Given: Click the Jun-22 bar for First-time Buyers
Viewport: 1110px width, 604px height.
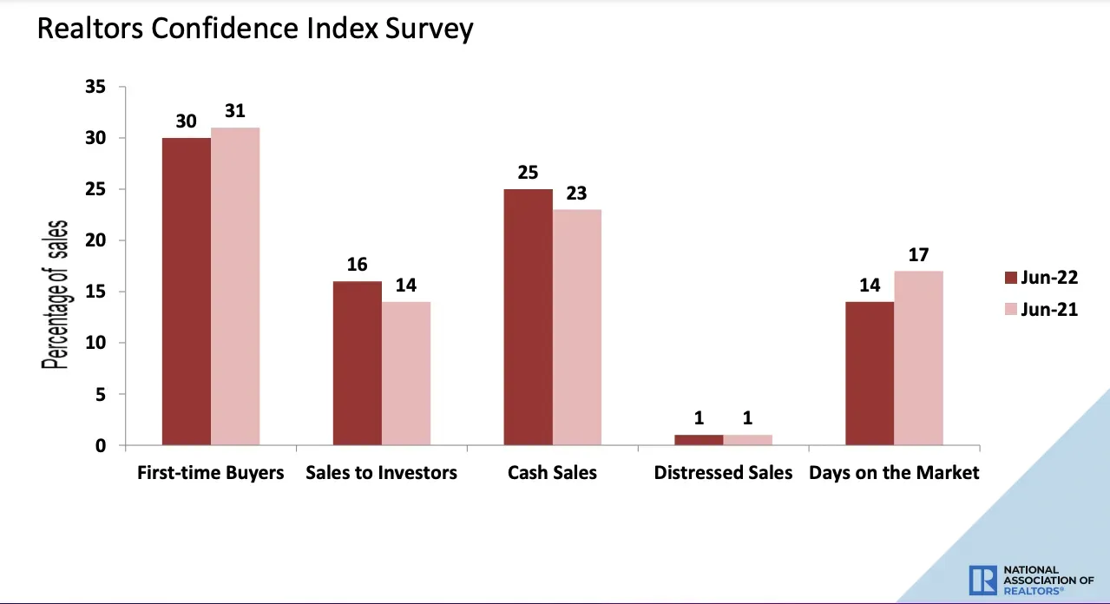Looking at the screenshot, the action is click(x=187, y=292).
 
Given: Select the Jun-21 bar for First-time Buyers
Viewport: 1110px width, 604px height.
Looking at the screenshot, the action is click(x=235, y=286).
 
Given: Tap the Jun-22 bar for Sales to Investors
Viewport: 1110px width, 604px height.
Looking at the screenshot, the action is click(x=358, y=364).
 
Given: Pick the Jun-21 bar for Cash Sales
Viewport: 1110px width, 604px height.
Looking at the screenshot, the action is click(x=577, y=327).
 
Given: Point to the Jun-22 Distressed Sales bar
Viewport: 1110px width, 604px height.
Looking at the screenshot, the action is click(x=699, y=440).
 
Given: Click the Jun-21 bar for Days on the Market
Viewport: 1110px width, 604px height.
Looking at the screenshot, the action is click(x=919, y=358).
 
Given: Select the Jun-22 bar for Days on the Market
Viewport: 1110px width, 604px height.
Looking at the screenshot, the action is click(x=870, y=374).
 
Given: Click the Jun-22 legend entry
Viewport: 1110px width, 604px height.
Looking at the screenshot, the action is click(x=1041, y=278).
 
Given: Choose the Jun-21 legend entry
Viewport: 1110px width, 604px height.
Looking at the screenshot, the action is click(x=1041, y=310).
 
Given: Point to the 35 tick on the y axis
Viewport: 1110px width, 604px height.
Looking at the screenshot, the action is click(x=95, y=87).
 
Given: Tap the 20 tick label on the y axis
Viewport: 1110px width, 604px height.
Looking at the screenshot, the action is click(x=95, y=240).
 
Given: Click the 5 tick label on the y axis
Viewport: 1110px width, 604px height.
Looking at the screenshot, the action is click(x=101, y=394).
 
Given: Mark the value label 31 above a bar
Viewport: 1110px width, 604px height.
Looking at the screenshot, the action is click(x=235, y=110).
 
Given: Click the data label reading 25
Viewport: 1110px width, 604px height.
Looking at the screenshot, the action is click(x=528, y=173).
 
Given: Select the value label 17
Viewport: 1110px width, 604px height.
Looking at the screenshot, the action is click(x=918, y=254).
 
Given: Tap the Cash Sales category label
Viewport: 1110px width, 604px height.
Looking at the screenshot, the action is click(x=552, y=473).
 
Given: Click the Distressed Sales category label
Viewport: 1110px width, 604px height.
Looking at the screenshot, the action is click(x=723, y=473).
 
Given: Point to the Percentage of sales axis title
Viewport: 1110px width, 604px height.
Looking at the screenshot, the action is click(x=55, y=295).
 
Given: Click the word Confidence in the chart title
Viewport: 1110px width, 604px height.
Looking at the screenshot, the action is click(x=225, y=28).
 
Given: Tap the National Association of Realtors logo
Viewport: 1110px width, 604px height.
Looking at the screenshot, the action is click(x=1031, y=581).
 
